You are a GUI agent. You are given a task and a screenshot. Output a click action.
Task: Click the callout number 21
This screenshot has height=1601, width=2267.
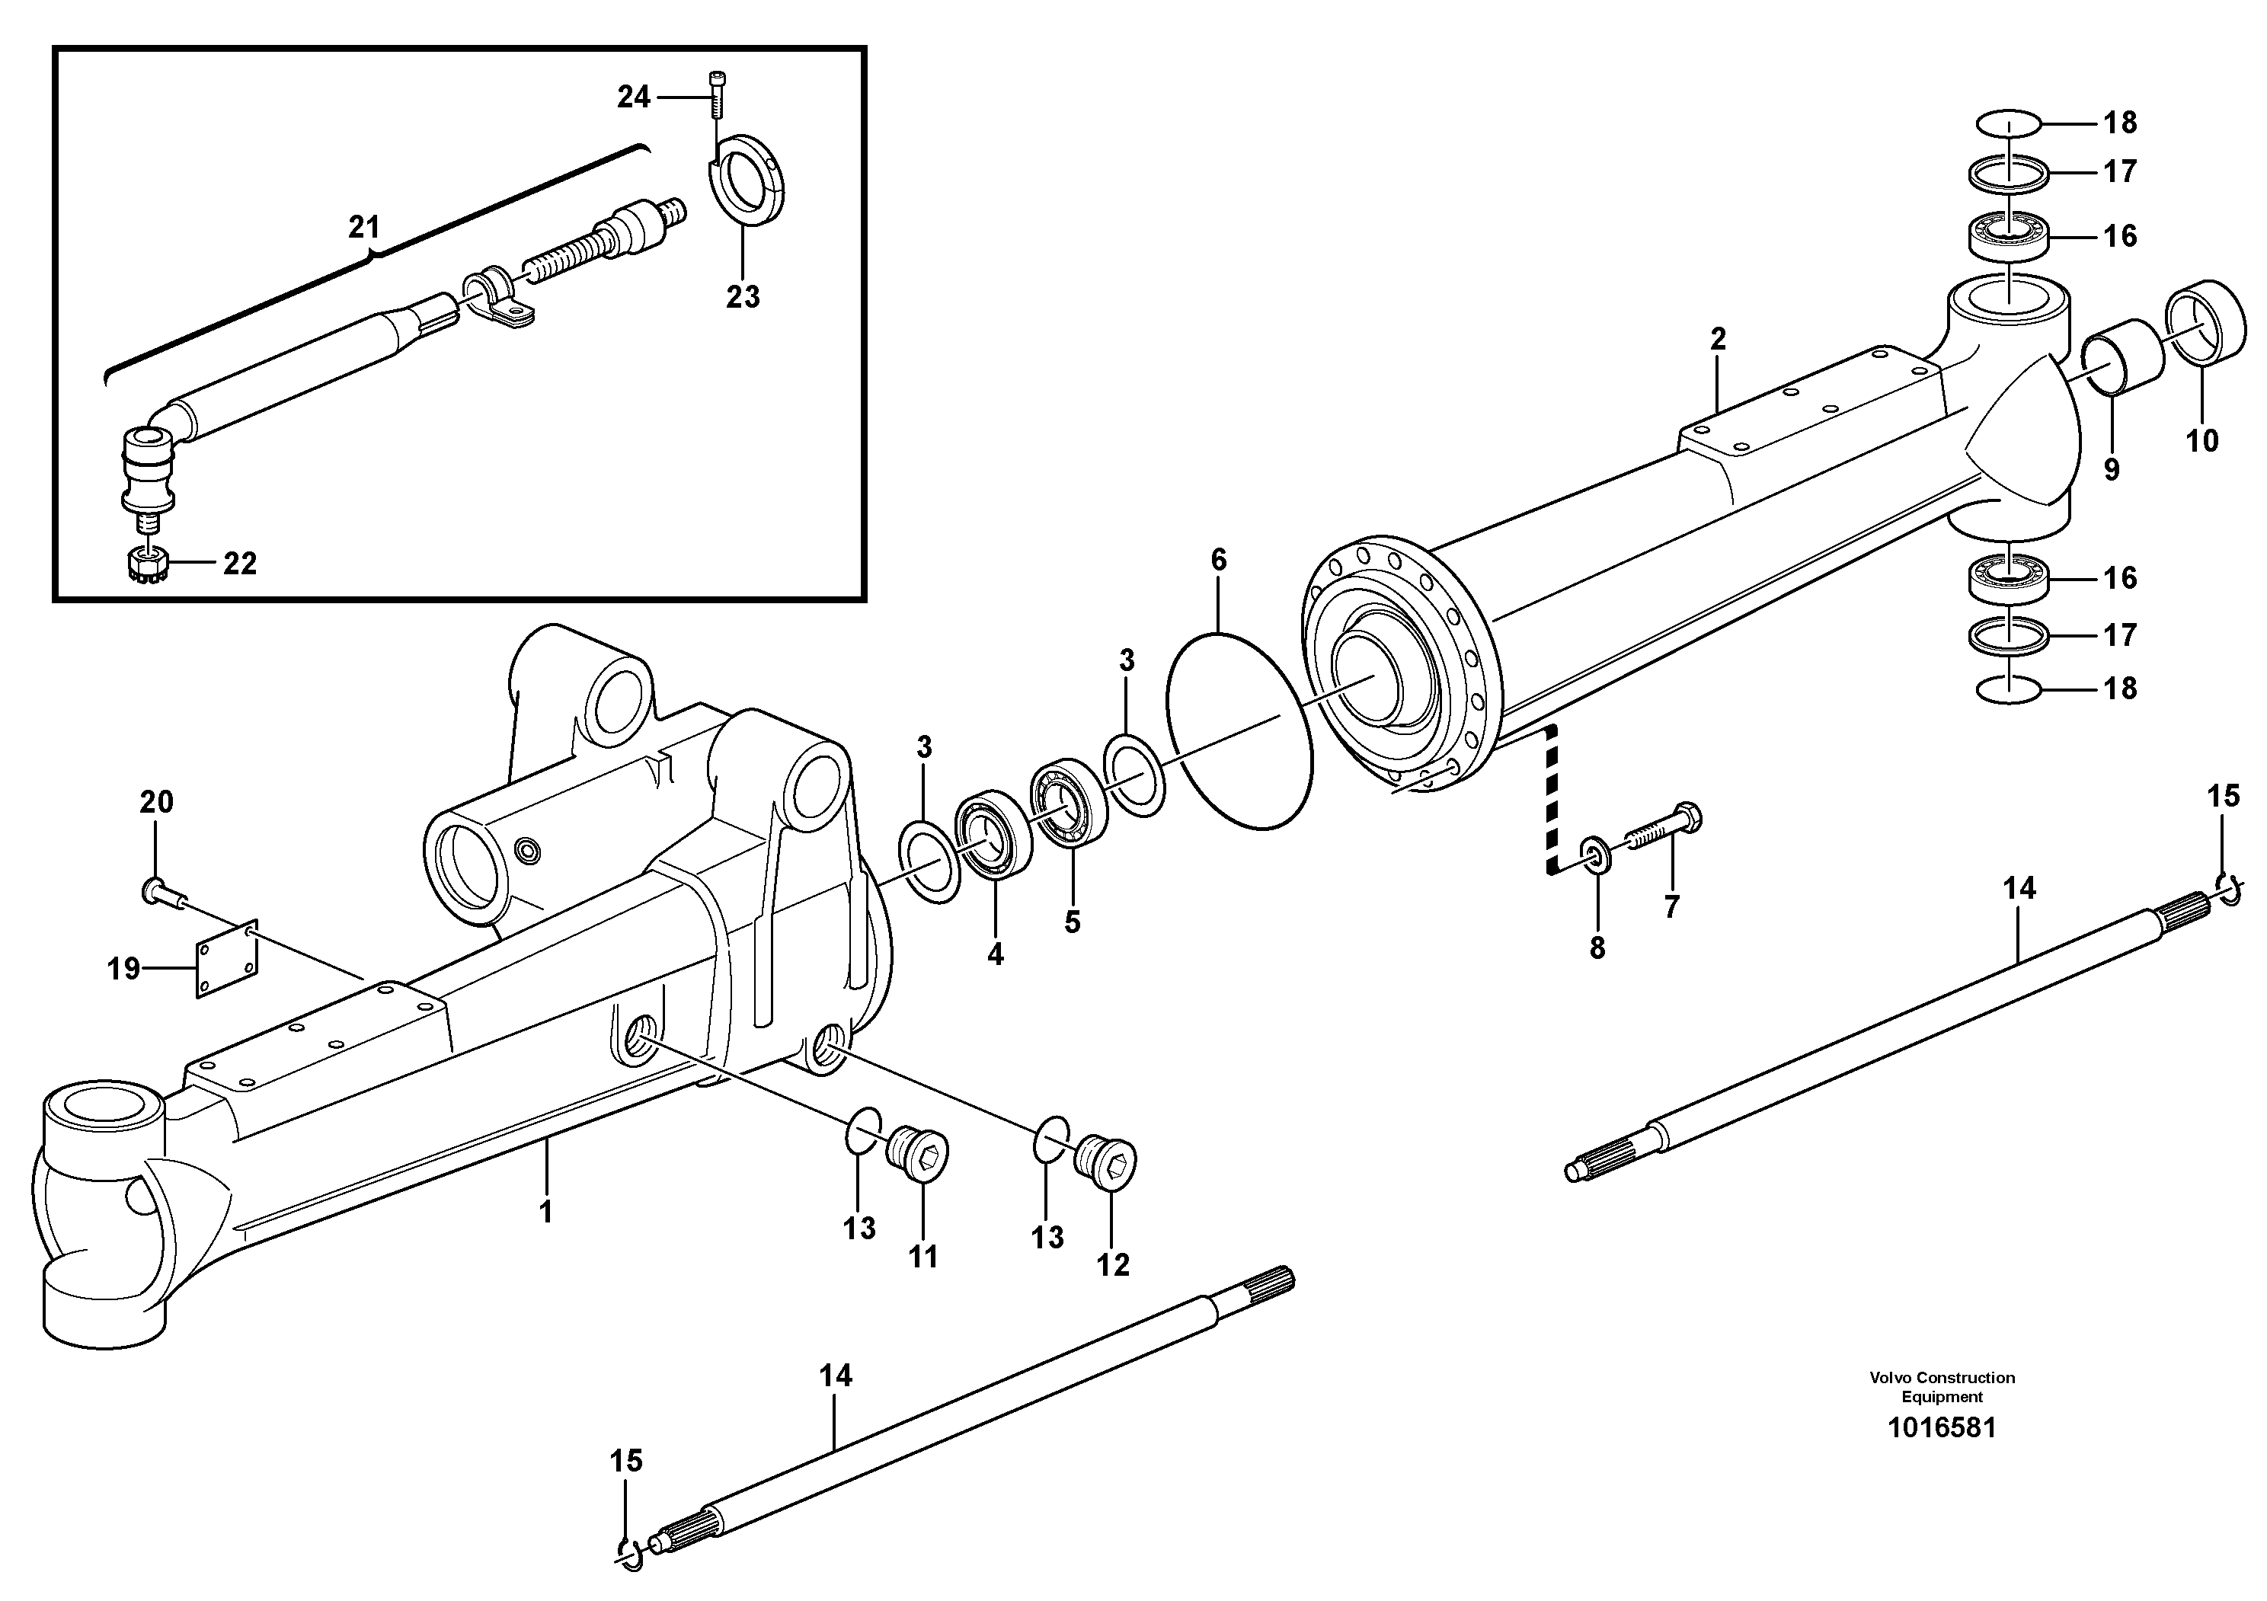363,228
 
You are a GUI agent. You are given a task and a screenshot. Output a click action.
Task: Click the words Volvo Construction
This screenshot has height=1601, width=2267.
1941,1378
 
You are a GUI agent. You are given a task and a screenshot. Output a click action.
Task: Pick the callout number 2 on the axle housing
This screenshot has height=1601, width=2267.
1718,340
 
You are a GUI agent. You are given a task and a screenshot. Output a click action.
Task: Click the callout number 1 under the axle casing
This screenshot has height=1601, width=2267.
546,1211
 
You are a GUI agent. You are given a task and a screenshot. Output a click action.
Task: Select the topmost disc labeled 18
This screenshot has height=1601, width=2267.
2008,123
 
